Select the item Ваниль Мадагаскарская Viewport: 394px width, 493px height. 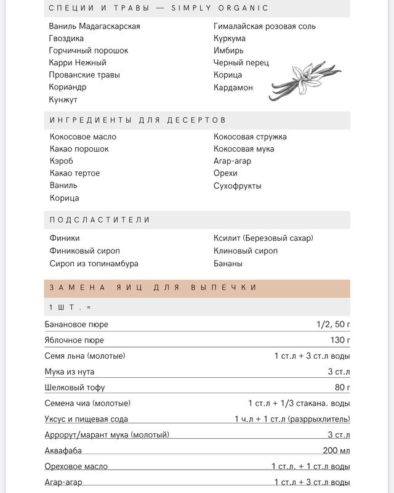[x=95, y=26]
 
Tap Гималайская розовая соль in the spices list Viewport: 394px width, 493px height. [x=265, y=26]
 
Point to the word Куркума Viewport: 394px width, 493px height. [x=230, y=38]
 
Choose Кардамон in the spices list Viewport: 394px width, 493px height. [x=233, y=88]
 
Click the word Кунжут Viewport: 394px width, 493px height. [x=63, y=100]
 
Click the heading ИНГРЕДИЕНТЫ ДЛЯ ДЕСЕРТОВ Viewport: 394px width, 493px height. [x=138, y=120]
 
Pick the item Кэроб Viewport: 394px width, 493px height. [x=62, y=161]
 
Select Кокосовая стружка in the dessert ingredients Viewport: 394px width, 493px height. [x=250, y=137]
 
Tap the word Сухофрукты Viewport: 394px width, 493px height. [x=238, y=186]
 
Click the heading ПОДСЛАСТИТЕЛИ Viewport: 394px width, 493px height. [x=100, y=220]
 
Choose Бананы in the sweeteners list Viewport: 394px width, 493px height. [x=228, y=263]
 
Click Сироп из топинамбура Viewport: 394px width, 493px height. [x=94, y=263]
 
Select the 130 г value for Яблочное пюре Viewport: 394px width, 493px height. [x=340, y=340]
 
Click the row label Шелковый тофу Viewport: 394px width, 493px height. [x=75, y=388]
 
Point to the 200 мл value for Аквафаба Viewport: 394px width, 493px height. [x=336, y=450]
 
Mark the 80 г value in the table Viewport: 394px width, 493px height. [x=342, y=388]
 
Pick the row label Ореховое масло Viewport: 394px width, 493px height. [x=76, y=467]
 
